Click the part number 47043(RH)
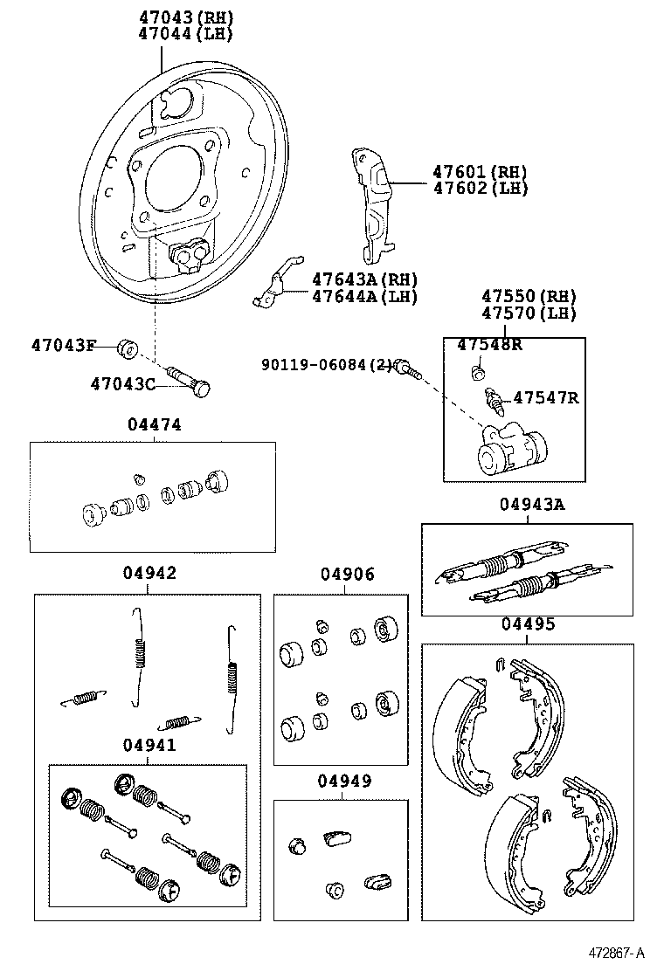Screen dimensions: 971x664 (x=186, y=17)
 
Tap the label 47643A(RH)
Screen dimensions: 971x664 (x=365, y=279)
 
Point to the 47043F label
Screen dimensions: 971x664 (x=63, y=345)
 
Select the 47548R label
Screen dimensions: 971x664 (x=489, y=344)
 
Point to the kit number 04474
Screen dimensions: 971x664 (x=154, y=424)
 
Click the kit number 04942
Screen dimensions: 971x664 (x=149, y=573)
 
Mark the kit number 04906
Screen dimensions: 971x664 (x=347, y=574)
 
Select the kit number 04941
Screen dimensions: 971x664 (x=149, y=745)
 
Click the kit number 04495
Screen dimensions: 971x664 (x=528, y=624)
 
